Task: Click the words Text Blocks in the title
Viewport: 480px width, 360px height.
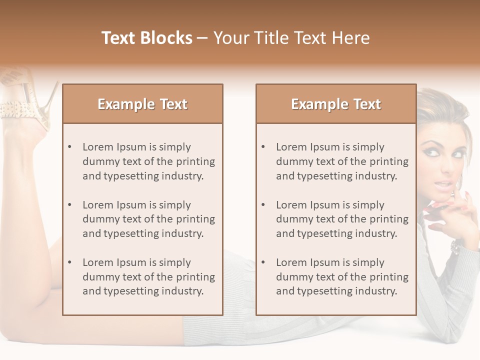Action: tap(146, 38)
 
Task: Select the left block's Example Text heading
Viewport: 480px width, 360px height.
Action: tap(142, 104)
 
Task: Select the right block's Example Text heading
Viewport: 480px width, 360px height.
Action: tap(336, 104)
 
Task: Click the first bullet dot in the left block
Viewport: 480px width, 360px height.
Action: tap(69, 147)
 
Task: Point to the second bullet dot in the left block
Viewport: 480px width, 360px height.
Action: tap(69, 205)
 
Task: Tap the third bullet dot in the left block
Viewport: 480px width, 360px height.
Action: tap(69, 262)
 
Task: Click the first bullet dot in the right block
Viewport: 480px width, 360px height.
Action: tap(263, 147)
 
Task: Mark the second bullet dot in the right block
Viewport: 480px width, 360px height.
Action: tap(263, 205)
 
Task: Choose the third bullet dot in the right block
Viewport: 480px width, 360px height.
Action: tap(263, 262)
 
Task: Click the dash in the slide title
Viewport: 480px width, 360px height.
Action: tap(202, 38)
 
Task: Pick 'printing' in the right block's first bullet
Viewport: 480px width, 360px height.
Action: tap(389, 161)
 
